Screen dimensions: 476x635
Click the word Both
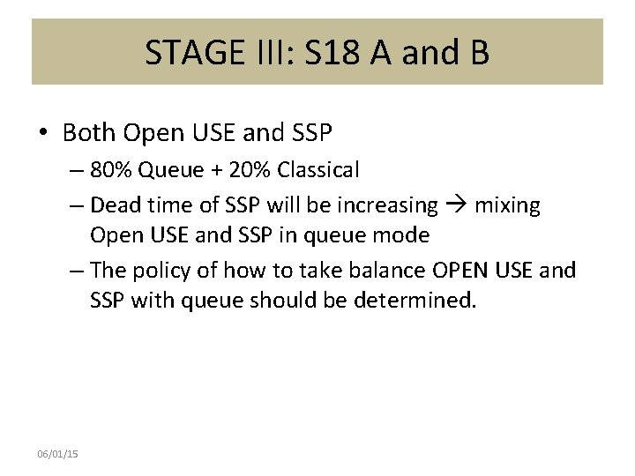90,133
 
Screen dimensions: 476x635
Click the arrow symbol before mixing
456,205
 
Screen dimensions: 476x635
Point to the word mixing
507,205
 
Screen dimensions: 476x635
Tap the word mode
404,235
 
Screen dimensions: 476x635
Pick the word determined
415,301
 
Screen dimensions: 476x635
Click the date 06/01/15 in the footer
57,453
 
